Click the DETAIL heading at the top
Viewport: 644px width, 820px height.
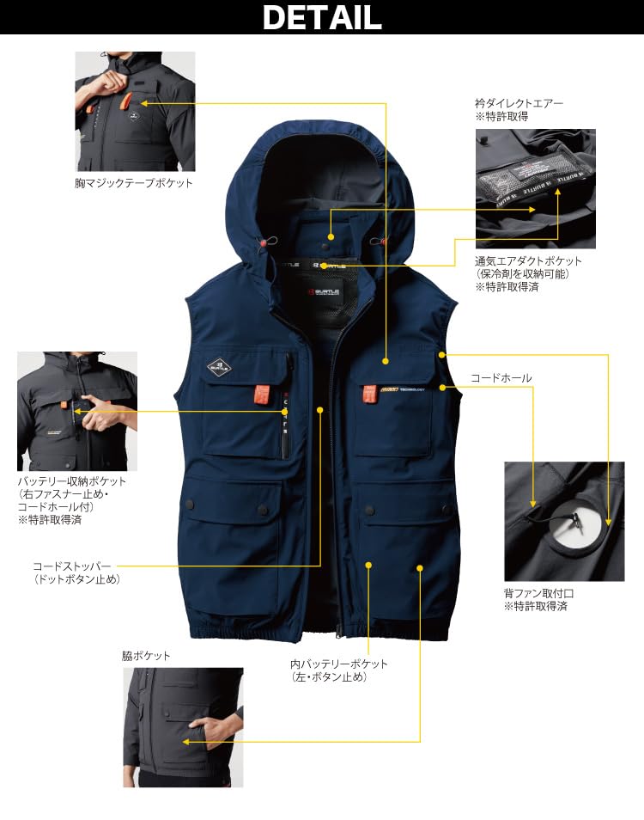click(x=322, y=17)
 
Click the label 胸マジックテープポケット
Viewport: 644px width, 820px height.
click(x=133, y=183)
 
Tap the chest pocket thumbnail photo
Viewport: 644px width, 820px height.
click(x=135, y=112)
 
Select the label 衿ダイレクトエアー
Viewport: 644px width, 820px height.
click(x=519, y=103)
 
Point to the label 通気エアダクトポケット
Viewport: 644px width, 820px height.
click(x=528, y=260)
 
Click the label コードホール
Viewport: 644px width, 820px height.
click(x=501, y=378)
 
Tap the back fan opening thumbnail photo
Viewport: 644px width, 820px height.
click(x=563, y=521)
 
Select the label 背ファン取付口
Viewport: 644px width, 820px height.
click(x=539, y=593)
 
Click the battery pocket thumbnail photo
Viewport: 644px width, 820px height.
click(x=77, y=410)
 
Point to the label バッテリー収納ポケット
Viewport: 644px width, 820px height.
click(x=72, y=481)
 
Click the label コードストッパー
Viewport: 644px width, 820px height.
click(x=72, y=566)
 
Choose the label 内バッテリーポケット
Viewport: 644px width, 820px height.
click(x=339, y=664)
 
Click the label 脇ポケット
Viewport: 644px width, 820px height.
click(x=146, y=655)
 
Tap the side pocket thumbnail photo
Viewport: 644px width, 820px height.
click(x=182, y=726)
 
